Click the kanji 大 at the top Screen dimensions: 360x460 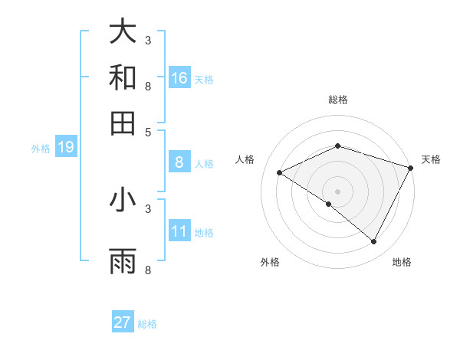[123, 31]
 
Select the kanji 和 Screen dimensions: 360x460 [123, 77]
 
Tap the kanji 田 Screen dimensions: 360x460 [123, 123]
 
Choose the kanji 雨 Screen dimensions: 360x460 [123, 261]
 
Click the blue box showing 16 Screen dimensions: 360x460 [179, 78]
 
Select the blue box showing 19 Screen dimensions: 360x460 [65, 147]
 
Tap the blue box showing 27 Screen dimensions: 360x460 [123, 322]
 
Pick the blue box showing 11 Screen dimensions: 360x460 [179, 231]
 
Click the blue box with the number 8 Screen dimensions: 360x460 [179, 162]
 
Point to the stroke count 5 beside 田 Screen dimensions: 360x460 [148, 131]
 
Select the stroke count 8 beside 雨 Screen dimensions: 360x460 [148, 270]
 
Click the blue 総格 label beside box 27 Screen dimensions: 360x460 [147, 324]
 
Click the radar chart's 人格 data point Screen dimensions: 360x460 [279, 173]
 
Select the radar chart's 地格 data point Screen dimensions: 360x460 [374, 242]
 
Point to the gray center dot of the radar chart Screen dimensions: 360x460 [337, 191]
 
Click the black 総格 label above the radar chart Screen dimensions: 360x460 [337, 100]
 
